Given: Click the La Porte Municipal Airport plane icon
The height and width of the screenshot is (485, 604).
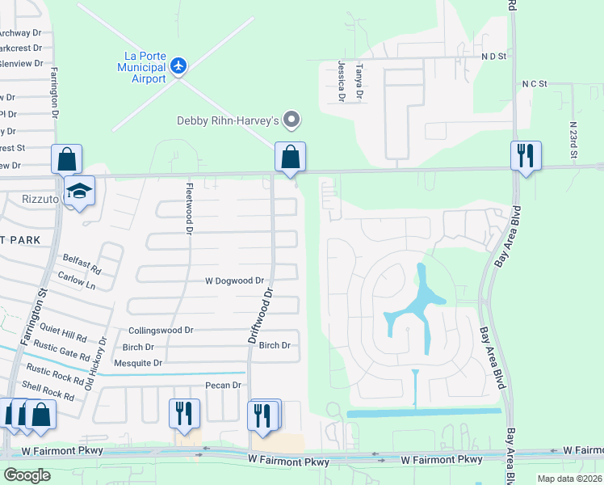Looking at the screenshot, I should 178,64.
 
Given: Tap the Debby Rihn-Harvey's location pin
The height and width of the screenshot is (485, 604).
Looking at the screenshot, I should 293,121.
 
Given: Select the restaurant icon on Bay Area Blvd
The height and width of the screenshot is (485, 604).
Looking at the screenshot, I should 526,155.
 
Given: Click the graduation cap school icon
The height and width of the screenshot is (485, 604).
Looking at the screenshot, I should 80,191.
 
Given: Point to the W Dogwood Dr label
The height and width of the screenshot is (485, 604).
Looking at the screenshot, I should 233,281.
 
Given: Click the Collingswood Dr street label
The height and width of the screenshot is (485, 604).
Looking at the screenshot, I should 161,331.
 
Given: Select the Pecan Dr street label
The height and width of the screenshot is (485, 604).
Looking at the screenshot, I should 224,386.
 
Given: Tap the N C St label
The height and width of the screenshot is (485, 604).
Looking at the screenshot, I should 535,84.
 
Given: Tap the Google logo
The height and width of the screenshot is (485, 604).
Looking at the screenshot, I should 27,475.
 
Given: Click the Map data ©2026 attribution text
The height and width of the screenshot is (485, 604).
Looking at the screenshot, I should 570,479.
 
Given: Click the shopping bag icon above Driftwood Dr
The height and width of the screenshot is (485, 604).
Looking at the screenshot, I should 290,156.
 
